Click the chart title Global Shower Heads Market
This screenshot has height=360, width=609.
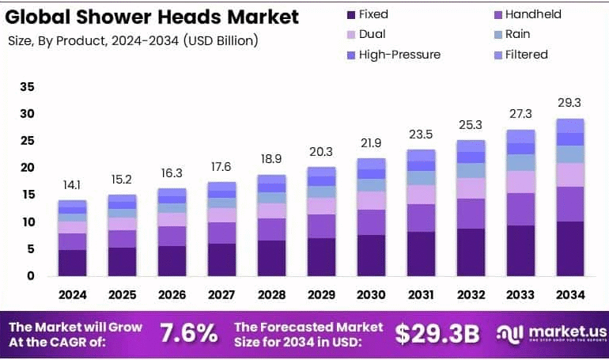pyautogui.click(x=153, y=17)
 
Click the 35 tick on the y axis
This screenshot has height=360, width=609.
pyautogui.click(x=27, y=87)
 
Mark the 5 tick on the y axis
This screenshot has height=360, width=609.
pyautogui.click(x=30, y=249)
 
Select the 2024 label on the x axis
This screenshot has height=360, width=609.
pyautogui.click(x=72, y=294)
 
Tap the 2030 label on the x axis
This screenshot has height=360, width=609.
pyautogui.click(x=371, y=294)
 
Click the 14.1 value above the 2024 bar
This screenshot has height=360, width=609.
pyautogui.click(x=72, y=185)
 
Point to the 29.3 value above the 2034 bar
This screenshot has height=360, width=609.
pyautogui.click(x=569, y=103)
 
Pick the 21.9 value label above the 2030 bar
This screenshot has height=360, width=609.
pyautogui.click(x=371, y=142)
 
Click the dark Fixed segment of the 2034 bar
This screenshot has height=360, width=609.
pyautogui.click(x=569, y=248)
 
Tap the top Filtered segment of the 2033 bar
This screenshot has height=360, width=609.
pyautogui.click(x=520, y=136)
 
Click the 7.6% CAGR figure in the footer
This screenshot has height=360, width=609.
pyautogui.click(x=188, y=333)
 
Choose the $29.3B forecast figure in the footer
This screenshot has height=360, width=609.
pyautogui.click(x=437, y=333)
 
